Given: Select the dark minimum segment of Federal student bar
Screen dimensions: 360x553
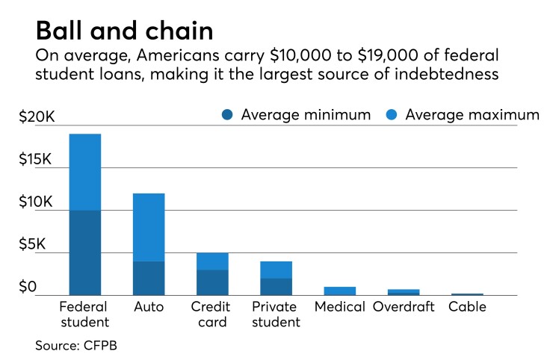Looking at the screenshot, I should [84, 252].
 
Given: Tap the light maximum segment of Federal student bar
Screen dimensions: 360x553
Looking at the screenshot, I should [84, 172].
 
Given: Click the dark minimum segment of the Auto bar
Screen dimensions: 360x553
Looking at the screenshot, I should [149, 278].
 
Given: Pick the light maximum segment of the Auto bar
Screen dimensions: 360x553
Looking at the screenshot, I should [149, 227].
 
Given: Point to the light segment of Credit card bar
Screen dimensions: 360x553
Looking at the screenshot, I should [212, 261].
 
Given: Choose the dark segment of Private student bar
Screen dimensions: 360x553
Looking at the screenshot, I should [276, 286].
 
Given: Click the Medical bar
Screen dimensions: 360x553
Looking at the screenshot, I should [340, 291].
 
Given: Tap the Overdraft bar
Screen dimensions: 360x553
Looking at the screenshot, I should [404, 292].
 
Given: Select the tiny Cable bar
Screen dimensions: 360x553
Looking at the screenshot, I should [467, 294].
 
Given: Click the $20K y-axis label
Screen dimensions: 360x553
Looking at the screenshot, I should [37, 117].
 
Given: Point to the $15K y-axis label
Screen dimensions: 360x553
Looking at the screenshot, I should [37, 160].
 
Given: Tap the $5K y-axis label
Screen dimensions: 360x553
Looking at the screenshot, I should [37, 244].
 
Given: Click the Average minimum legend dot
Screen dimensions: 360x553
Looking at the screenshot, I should [229, 115].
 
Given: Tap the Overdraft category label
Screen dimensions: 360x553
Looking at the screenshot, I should [404, 307].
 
